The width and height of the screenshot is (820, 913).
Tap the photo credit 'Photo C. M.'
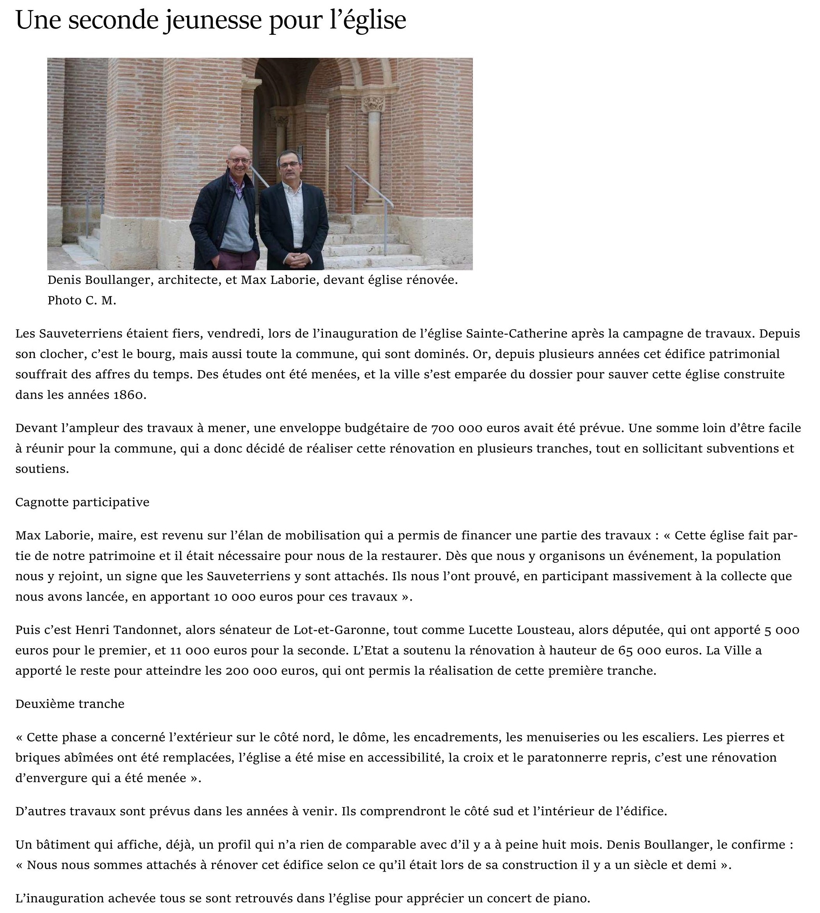82,301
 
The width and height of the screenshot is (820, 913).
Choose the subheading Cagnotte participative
82,502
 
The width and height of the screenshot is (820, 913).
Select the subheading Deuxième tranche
70,704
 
